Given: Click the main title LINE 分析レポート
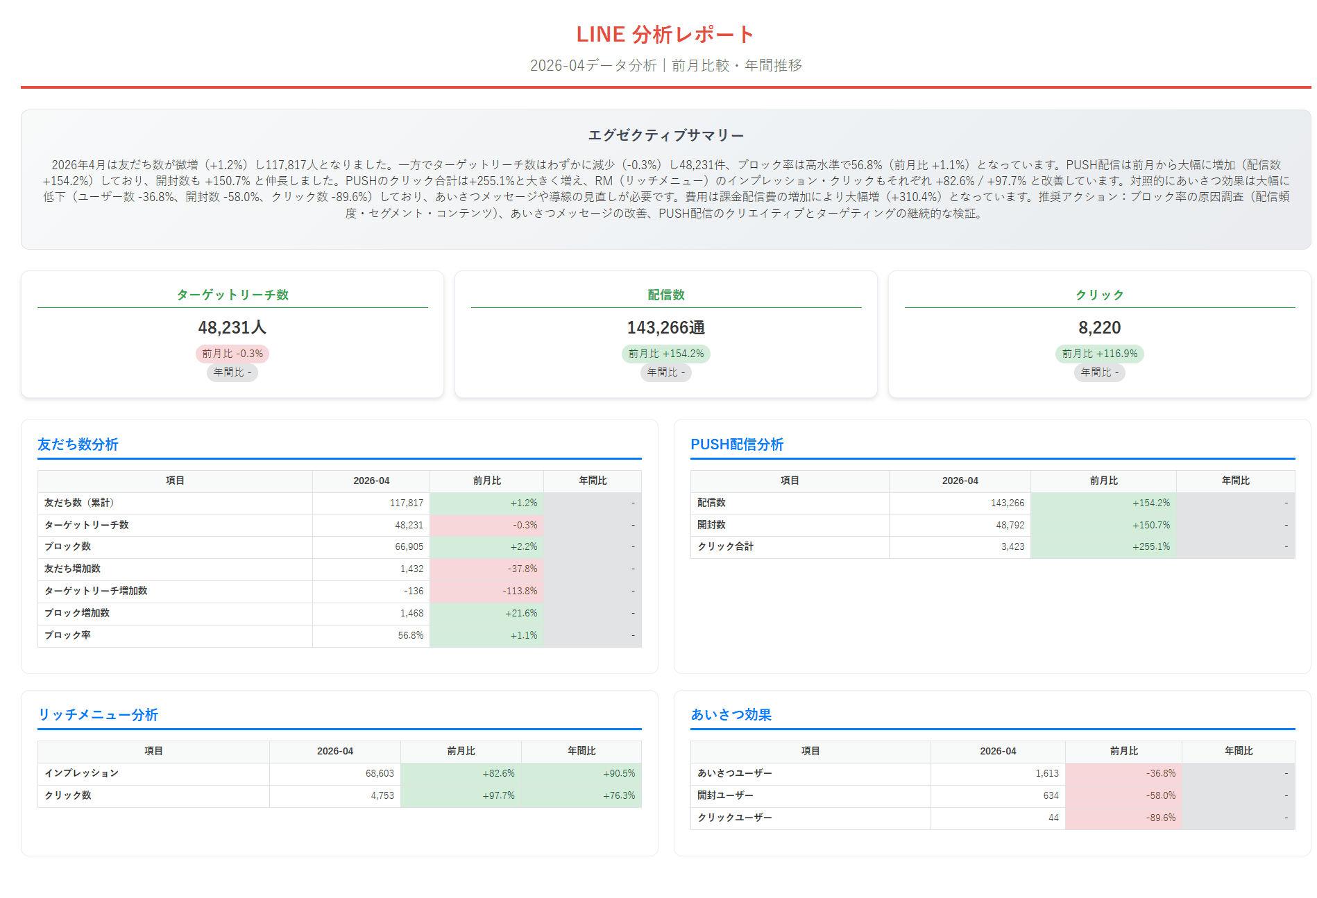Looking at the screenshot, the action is pos(665,34).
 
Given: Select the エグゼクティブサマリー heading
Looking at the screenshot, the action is pos(665,135).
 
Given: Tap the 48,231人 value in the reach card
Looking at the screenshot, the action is pos(232,327).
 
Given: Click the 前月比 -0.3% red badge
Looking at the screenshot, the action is pos(232,354).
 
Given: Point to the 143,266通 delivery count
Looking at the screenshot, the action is pos(665,327).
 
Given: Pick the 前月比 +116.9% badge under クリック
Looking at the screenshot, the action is pos(1099,354).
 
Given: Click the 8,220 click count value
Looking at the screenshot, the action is pos(1099,327).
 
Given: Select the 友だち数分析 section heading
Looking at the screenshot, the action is pos(78,444).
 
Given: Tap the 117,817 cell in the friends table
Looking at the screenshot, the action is pos(407,503).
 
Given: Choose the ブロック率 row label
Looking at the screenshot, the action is pos(67,635).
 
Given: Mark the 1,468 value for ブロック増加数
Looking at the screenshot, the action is pos(411,613).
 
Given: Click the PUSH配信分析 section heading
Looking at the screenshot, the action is pos(737,444).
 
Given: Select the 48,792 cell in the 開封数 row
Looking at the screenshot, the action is pos(1010,525).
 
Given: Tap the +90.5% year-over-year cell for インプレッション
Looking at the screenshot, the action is pos(619,773).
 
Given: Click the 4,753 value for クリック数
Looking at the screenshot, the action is pos(382,795).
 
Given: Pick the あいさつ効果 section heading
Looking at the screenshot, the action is pos(731,715).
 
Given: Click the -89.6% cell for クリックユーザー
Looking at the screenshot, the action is pos(1161,818).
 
